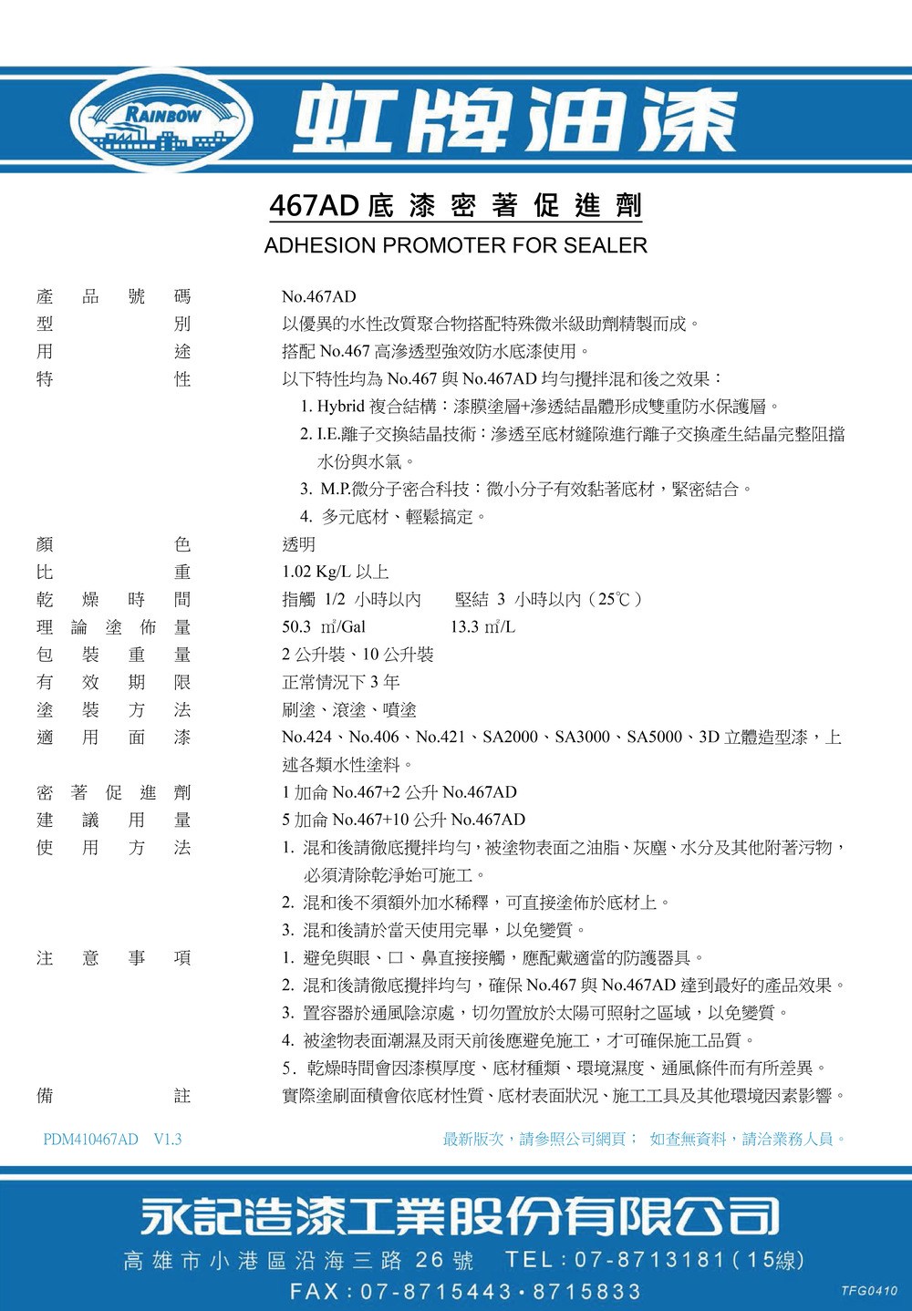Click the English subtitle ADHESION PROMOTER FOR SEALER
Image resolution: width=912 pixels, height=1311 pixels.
click(455, 245)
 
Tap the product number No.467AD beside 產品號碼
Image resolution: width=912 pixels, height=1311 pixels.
click(318, 296)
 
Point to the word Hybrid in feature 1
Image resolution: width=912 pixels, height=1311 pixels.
click(340, 406)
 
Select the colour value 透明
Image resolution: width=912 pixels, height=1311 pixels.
click(299, 544)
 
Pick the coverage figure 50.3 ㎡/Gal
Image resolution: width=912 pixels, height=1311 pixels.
click(324, 626)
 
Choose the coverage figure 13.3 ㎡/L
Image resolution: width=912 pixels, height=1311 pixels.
click(482, 626)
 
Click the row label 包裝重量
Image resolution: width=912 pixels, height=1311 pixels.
click(113, 655)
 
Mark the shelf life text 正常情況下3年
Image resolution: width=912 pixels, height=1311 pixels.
click(341, 682)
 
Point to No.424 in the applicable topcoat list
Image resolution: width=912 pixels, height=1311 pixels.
click(306, 737)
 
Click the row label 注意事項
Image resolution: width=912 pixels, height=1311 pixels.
click(113, 957)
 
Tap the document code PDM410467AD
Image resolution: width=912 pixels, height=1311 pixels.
click(91, 1139)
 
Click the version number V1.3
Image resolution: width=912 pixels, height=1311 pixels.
click(168, 1139)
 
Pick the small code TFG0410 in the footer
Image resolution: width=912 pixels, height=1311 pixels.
click(869, 1290)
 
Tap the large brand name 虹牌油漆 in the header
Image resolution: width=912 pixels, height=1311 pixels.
click(515, 120)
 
